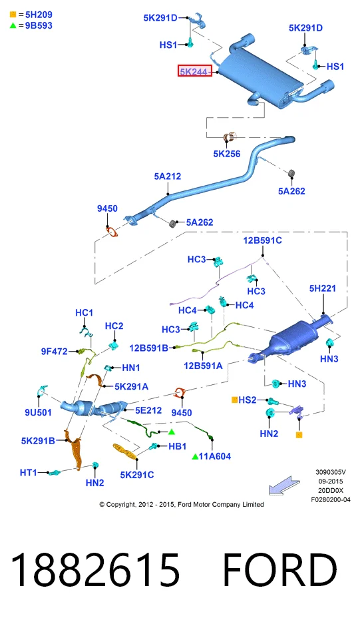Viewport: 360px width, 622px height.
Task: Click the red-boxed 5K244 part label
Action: (194, 71)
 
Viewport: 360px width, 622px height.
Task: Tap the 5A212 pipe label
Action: (167, 176)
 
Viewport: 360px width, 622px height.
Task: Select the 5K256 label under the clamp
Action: (227, 154)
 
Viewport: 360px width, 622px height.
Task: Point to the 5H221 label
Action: (322, 288)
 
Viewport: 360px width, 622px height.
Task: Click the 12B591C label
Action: (262, 240)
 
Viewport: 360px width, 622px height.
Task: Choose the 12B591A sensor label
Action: (203, 366)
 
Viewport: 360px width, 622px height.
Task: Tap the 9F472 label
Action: (55, 352)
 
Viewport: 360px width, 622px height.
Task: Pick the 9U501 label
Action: (38, 412)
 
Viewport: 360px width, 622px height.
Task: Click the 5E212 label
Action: (148, 410)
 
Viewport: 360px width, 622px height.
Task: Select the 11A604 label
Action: (214, 456)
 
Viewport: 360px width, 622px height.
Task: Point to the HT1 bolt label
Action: (28, 472)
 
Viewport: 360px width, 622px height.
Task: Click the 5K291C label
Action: (137, 474)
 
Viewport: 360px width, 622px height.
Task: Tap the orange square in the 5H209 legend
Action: (13, 15)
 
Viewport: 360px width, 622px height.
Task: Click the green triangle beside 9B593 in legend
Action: (13, 25)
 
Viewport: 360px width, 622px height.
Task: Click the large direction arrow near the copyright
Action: (284, 485)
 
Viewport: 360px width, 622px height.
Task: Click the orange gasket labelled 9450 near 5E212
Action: (180, 393)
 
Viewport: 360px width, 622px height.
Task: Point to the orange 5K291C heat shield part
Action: (124, 451)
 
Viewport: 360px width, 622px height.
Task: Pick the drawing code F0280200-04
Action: (331, 499)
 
